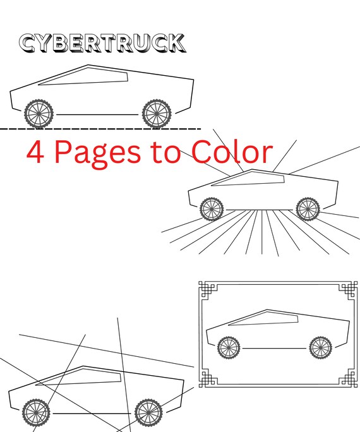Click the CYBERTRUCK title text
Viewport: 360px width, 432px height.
tap(102, 44)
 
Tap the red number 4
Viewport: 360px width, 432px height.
tap(36, 153)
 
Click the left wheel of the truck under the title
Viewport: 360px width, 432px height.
tap(39, 114)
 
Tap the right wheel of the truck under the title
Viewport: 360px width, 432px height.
tap(157, 114)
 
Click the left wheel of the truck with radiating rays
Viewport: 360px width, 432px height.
tap(212, 208)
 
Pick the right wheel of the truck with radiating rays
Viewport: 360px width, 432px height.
tap(308, 208)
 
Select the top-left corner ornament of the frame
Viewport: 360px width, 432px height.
tap(207, 289)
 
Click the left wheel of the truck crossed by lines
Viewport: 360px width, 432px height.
tap(35, 412)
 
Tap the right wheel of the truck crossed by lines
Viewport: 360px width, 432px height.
tap(148, 412)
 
